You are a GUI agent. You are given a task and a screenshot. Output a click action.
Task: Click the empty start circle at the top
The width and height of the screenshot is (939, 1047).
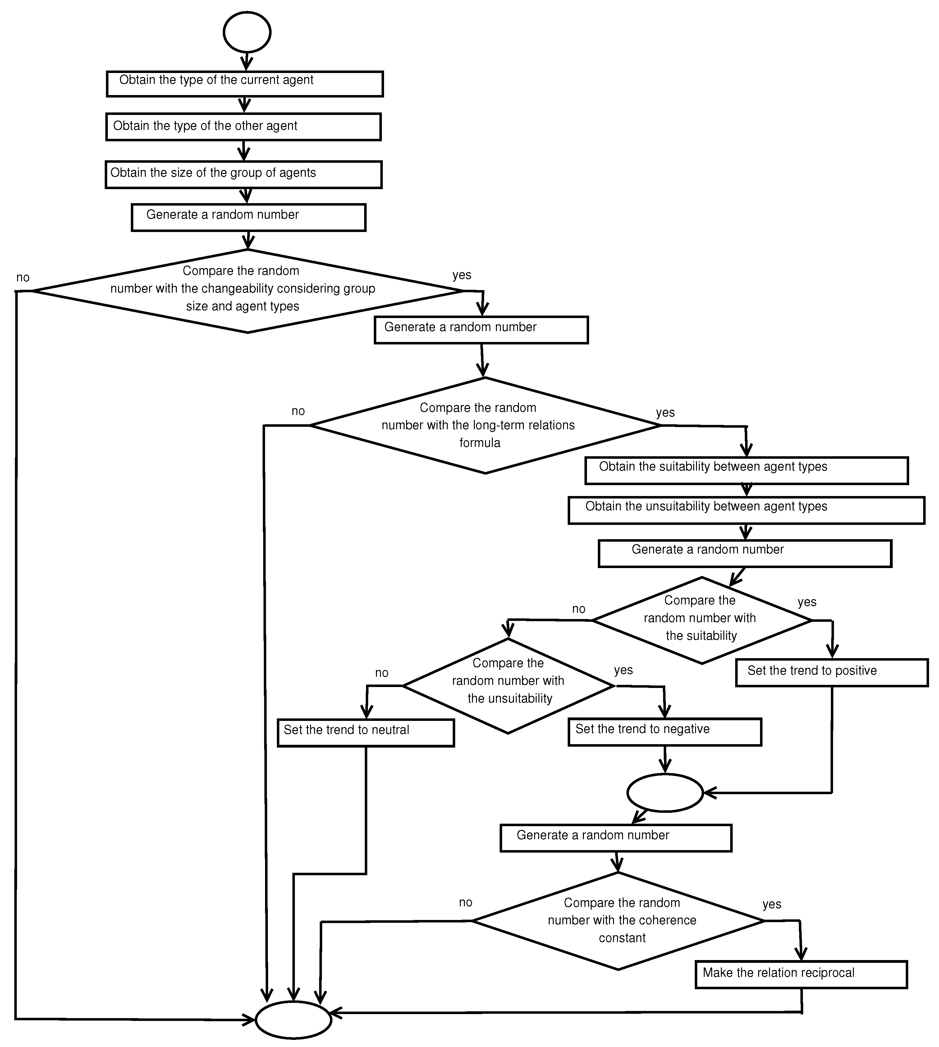pyautogui.click(x=247, y=32)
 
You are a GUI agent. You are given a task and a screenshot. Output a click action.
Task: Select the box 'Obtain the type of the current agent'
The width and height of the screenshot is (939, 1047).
pyautogui.click(x=245, y=84)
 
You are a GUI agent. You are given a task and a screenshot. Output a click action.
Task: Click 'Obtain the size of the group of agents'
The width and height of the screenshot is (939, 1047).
pyautogui.click(x=244, y=174)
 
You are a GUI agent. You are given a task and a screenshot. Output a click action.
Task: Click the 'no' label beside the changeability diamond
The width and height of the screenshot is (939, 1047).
pyautogui.click(x=23, y=277)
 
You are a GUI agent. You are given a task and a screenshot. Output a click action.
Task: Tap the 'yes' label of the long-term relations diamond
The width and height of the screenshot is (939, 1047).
pyautogui.click(x=665, y=412)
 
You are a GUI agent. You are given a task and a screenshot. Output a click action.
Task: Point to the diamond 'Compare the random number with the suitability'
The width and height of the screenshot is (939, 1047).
pyautogui.click(x=701, y=620)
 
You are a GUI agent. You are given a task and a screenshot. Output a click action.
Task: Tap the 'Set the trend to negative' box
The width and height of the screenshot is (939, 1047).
pyautogui.click(x=665, y=731)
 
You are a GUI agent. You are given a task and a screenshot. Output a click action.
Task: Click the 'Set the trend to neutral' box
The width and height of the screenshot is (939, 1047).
pyautogui.click(x=365, y=732)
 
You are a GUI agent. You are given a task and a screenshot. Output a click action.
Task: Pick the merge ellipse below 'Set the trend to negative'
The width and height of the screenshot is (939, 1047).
pyautogui.click(x=665, y=793)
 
